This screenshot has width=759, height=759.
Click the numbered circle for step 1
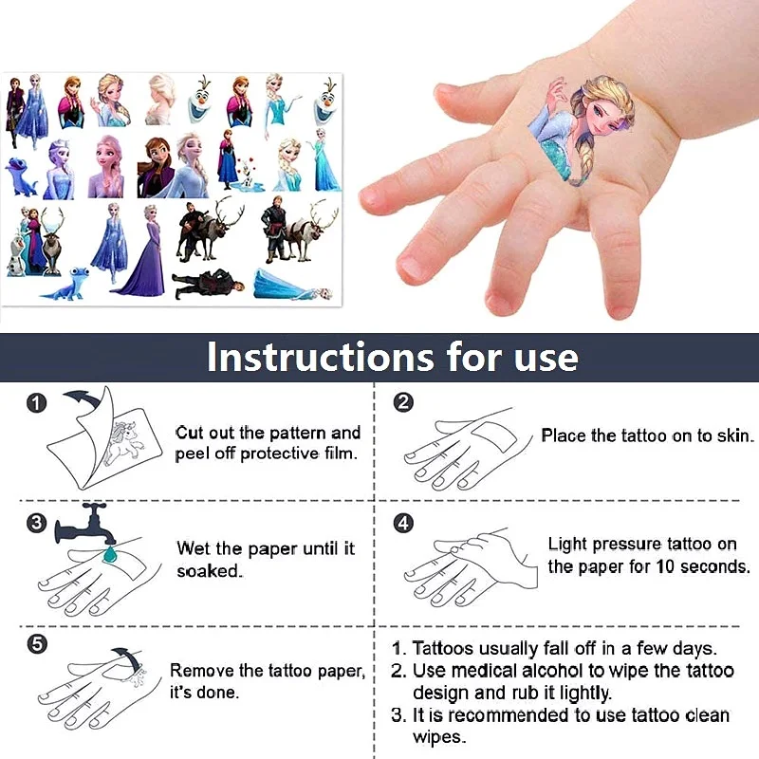point(36,403)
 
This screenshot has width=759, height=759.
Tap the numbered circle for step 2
point(403,402)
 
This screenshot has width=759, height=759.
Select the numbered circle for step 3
point(36,522)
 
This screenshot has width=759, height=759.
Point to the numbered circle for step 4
point(403,523)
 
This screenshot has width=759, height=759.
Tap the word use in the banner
point(543,358)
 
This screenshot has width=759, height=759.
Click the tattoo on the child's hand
point(560,128)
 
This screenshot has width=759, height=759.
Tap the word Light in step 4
point(567,544)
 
